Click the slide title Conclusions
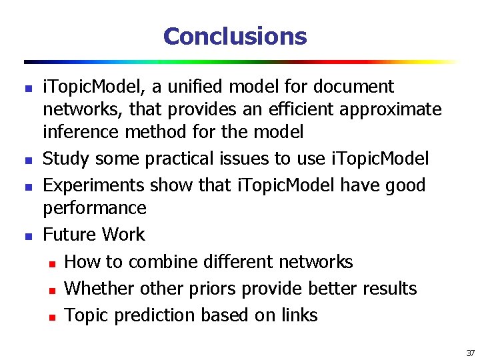(235, 36)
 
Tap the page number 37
(470, 353)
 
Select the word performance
(94, 208)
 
